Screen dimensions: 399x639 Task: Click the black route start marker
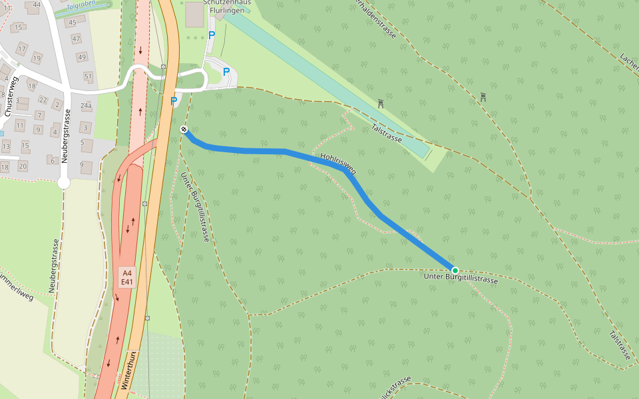coord(184,129)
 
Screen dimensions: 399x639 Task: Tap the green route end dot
coord(455,270)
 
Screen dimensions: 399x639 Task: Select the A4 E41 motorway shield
coord(128,277)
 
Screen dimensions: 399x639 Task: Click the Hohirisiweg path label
coord(338,164)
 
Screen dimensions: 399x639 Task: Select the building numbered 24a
coord(86,106)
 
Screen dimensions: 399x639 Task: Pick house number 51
coord(89,76)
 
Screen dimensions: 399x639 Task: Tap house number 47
coord(76,39)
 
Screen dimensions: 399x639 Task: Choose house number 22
coord(43,100)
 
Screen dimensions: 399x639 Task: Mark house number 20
coord(23,166)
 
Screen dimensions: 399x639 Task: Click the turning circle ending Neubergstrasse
coord(64,182)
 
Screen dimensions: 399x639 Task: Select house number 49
coord(82,57)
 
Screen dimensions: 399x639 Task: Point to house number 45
coord(72,23)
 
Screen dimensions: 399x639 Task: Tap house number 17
coord(22,49)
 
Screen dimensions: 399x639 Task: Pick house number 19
coord(37,59)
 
